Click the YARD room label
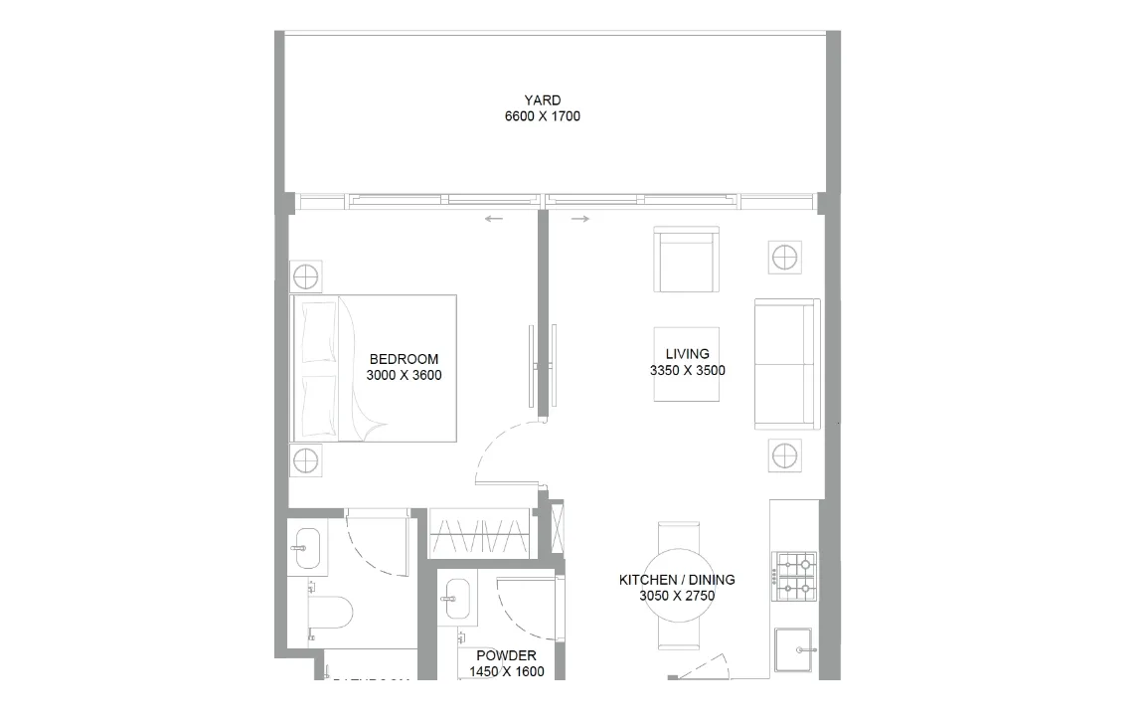(x=542, y=100)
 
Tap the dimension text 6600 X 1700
(x=542, y=116)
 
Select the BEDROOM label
(x=404, y=359)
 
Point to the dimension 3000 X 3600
(x=404, y=375)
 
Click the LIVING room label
(x=687, y=354)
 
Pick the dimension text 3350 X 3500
(x=687, y=370)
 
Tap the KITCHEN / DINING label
(x=677, y=580)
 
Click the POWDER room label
(x=506, y=655)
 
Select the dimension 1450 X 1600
(x=506, y=671)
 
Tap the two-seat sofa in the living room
(x=786, y=364)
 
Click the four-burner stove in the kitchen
(x=794, y=578)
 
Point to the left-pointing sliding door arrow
(x=494, y=219)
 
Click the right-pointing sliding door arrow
(x=580, y=219)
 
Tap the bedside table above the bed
(x=306, y=275)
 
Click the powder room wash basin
(x=455, y=599)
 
